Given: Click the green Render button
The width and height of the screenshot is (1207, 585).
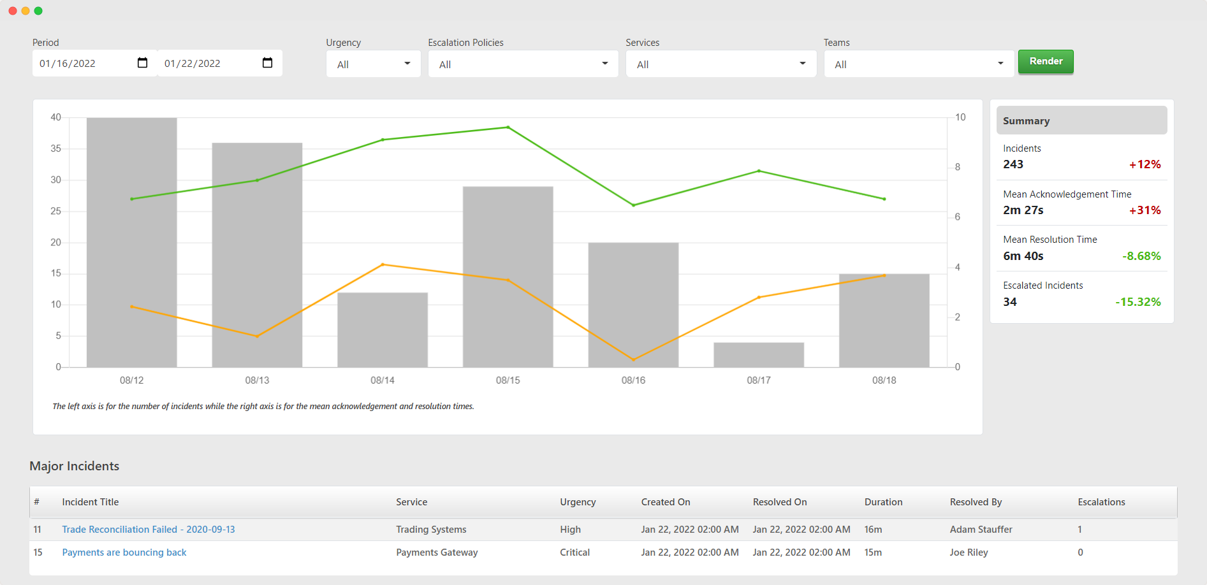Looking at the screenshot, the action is tap(1046, 61).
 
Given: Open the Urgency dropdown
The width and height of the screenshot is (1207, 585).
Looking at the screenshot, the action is tap(373, 64).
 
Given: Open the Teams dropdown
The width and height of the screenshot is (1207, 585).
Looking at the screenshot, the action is tap(919, 64).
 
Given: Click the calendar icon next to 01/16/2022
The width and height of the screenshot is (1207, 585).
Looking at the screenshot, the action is tap(142, 62).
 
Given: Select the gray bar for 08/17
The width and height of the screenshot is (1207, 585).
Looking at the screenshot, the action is tap(759, 355).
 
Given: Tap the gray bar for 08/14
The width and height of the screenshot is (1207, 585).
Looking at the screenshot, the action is tap(383, 330).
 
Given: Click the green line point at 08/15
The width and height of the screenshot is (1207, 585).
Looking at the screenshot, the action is tap(508, 127).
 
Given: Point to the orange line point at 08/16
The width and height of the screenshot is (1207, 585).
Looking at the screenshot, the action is tap(633, 359).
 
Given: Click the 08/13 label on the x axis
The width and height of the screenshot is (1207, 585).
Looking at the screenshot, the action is tap(257, 380).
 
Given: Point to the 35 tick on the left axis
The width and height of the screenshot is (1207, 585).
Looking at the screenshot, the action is tap(56, 148).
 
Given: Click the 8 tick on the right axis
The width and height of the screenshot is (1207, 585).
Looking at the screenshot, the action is tap(958, 167).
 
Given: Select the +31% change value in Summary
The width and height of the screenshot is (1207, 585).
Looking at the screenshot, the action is tap(1145, 210).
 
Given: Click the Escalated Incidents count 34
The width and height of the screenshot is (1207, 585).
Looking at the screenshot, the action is tap(1010, 302).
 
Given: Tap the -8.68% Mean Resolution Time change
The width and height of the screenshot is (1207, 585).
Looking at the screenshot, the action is tap(1142, 256).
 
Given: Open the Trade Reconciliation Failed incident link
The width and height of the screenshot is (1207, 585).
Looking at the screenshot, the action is tap(149, 530).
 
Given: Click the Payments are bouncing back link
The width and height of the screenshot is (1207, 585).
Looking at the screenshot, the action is tap(124, 552).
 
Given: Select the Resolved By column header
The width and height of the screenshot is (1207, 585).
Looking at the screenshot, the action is tap(976, 502).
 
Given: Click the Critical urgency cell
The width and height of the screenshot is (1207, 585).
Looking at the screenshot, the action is tap(574, 552).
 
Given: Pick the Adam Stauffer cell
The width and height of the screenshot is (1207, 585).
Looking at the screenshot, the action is tap(981, 530).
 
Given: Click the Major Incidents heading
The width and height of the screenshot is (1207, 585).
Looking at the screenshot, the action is tap(75, 466).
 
